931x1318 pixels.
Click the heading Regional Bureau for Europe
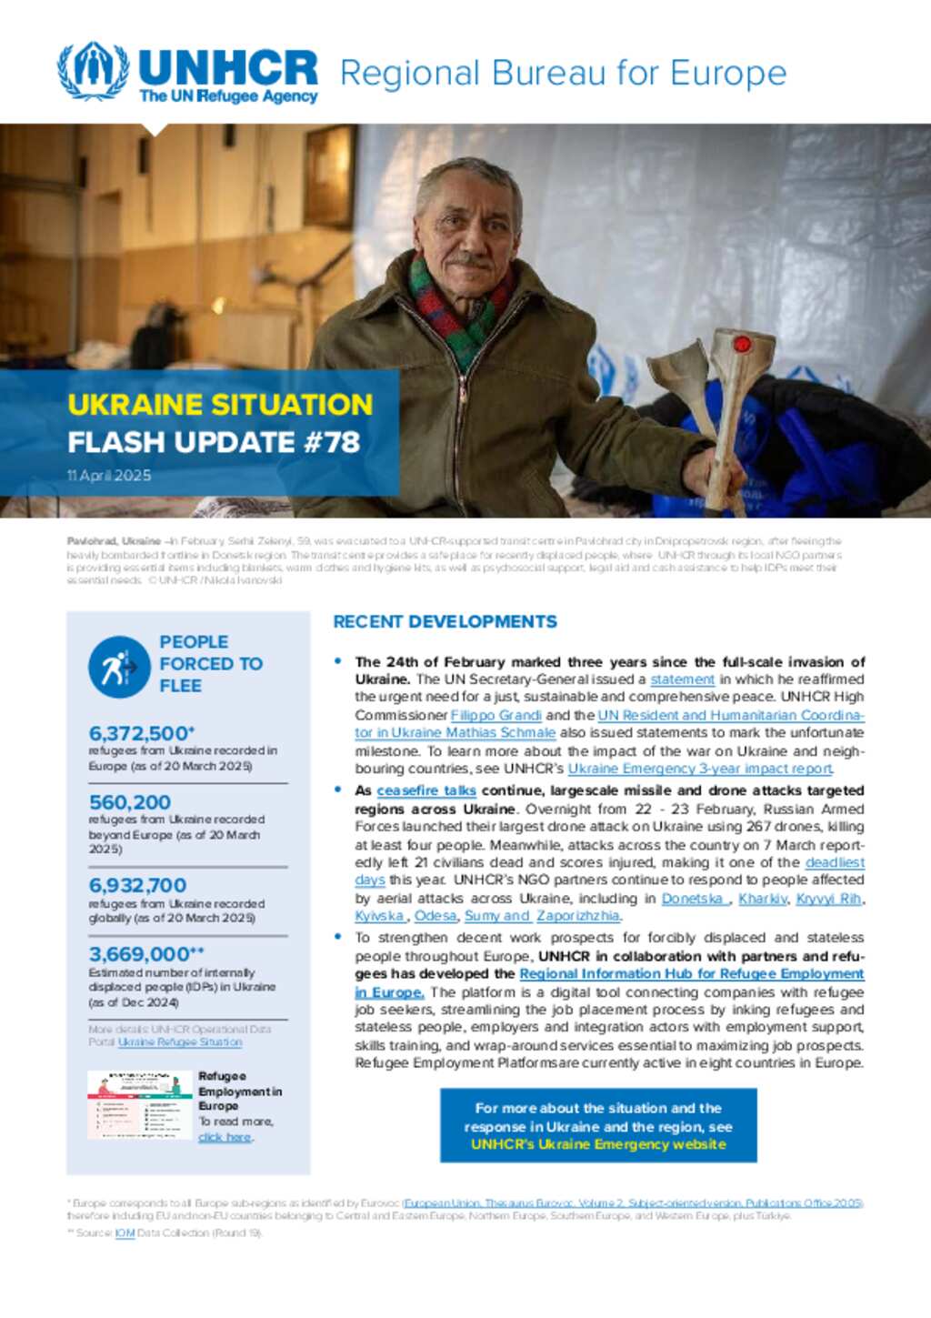563,73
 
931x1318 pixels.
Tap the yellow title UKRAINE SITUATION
220,404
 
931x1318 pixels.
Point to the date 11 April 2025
109,476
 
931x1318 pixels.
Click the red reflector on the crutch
741,344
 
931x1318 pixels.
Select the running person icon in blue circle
119,667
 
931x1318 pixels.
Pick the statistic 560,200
130,802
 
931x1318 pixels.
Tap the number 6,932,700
137,885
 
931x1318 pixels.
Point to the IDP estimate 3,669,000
139,954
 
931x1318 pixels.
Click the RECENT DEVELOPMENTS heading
445,622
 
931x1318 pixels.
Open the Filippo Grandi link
496,715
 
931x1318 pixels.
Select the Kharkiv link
762,899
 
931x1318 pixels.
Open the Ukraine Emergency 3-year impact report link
700,769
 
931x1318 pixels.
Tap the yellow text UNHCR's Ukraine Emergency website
597,1144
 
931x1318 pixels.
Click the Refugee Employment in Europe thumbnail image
139,1104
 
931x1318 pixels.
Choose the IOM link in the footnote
125,1233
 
